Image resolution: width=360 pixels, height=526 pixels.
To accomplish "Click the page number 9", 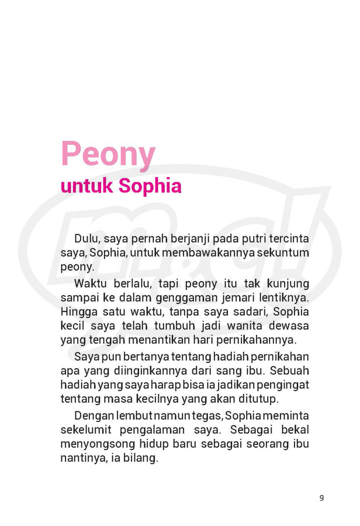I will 322,498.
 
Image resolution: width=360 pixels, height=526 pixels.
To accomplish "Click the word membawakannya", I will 195,253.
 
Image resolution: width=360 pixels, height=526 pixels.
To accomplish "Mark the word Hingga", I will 76,312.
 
